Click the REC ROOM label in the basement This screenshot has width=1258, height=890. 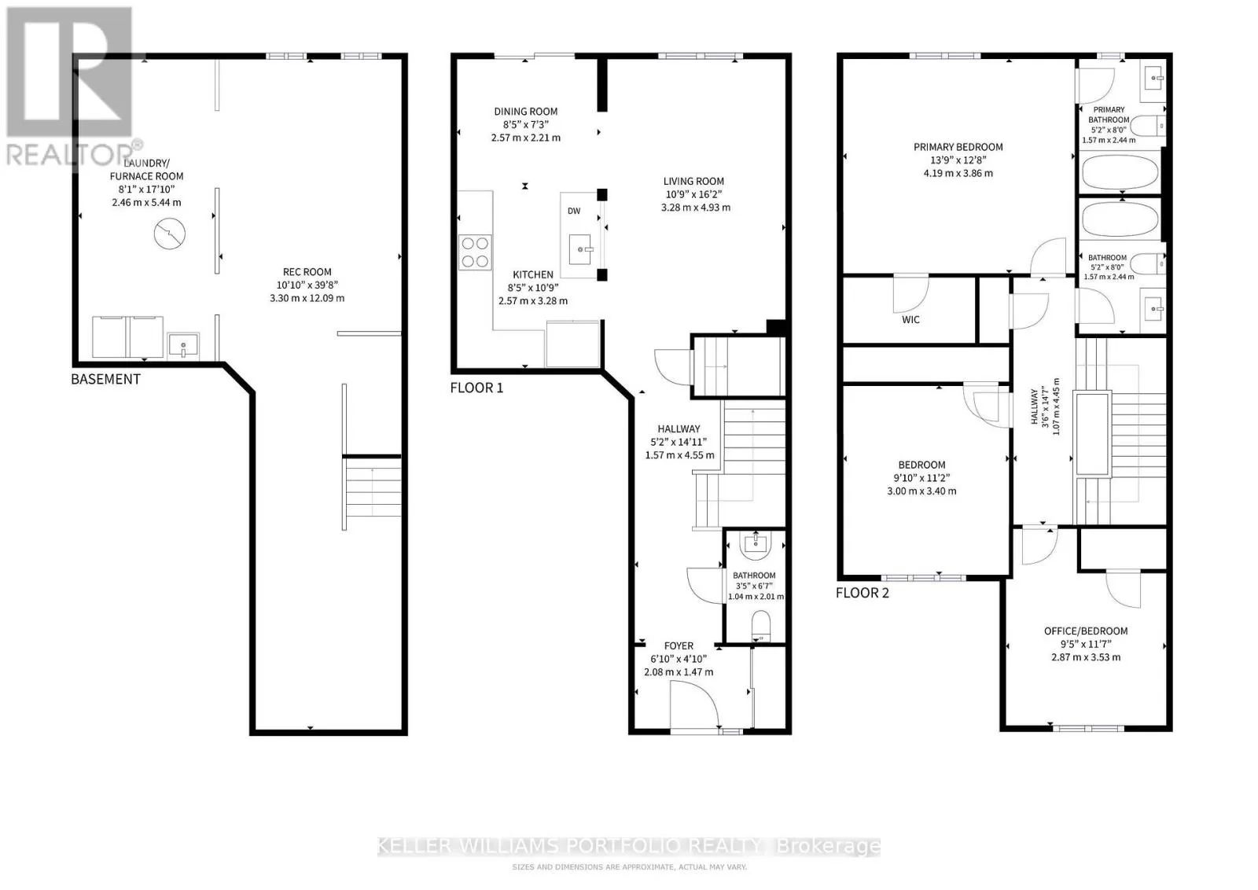point(307,272)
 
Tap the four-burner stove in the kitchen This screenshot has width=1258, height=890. point(475,252)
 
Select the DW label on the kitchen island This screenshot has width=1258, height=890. point(574,211)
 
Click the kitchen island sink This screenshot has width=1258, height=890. point(581,249)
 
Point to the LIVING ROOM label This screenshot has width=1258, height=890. point(693,182)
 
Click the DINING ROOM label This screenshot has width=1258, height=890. point(526,112)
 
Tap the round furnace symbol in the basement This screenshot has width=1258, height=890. point(170,234)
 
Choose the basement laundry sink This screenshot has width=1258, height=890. point(183,345)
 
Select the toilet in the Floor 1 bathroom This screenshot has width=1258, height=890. point(761,627)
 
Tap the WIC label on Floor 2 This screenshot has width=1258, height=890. point(910,319)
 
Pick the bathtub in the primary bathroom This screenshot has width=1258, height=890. point(1120,172)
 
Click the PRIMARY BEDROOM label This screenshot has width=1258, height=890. point(958,147)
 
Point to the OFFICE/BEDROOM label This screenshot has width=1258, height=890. point(1086,631)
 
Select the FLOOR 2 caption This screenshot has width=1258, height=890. point(862,593)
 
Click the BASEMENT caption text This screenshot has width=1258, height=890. point(105,379)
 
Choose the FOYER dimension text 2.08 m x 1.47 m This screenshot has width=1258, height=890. point(679,672)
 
